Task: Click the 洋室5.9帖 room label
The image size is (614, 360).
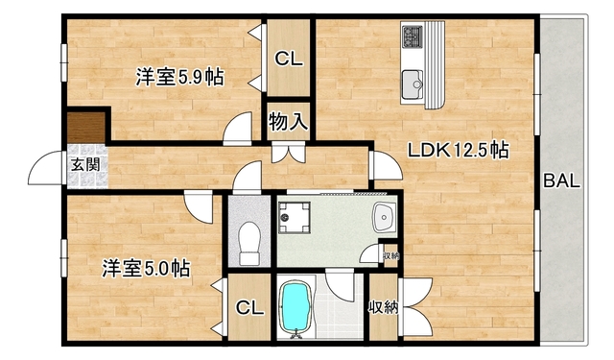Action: point(179,77)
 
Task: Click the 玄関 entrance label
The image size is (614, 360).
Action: point(83,164)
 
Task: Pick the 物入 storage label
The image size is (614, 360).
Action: point(288,122)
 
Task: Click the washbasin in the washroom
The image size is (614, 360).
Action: point(386,218)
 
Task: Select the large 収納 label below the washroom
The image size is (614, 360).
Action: point(383,308)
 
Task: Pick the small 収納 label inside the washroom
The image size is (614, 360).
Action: point(390,255)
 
